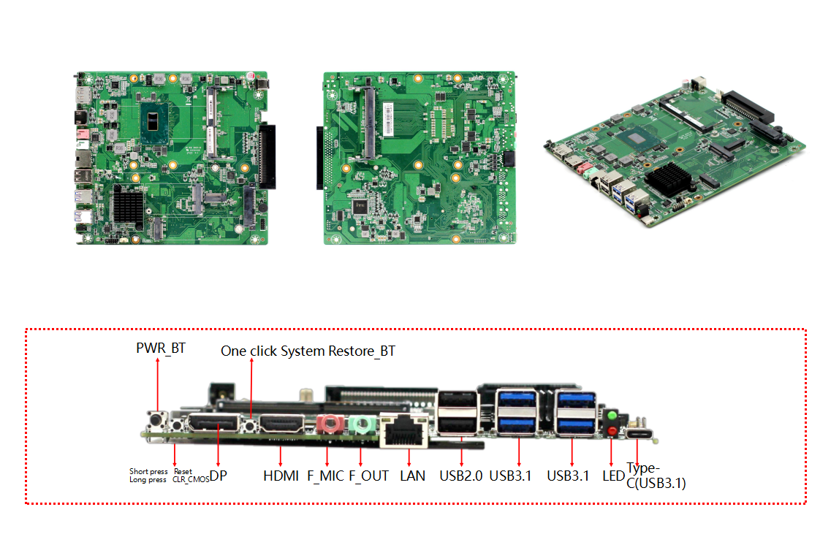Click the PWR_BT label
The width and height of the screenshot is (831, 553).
161,348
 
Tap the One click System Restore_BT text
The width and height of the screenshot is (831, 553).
308,351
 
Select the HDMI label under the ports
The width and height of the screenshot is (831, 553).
281,476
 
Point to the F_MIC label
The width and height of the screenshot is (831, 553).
326,476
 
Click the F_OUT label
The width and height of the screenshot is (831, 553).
368,476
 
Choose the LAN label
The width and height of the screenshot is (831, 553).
413,476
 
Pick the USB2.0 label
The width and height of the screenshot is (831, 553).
461,476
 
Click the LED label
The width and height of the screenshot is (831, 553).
613,476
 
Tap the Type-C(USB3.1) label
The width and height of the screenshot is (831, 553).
656,476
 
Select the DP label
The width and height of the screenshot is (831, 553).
218,476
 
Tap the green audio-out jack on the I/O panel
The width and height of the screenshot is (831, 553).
361,424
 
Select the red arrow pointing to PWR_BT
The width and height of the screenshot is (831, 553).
158,387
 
